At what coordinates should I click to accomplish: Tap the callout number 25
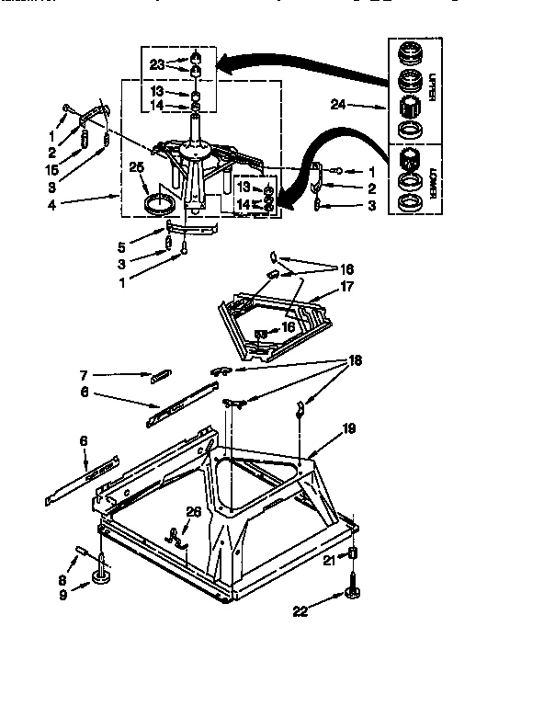[137, 167]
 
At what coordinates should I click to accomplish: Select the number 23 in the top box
[157, 64]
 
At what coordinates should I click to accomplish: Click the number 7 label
[83, 374]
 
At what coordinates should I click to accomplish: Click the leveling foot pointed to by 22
[352, 594]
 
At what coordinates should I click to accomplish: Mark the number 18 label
[355, 361]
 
